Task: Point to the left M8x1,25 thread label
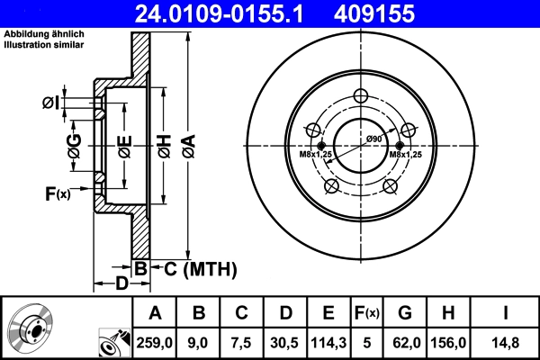315,155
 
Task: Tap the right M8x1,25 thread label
406,155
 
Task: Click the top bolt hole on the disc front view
361,97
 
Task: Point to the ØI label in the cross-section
51,103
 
